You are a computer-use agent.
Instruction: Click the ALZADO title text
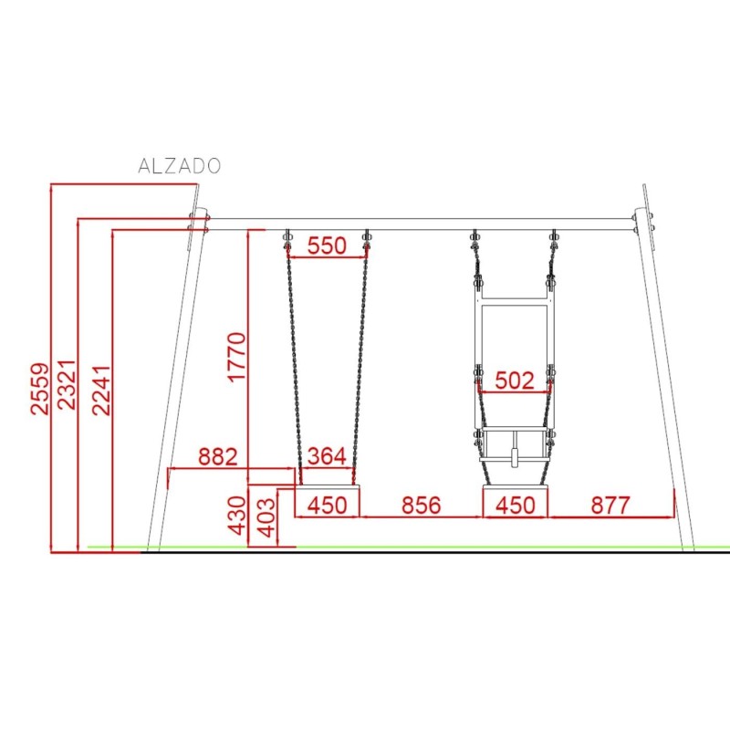[179, 166]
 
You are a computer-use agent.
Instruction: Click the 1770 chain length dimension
[235, 358]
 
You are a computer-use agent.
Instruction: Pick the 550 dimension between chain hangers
[327, 245]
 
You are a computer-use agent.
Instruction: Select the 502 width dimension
[514, 381]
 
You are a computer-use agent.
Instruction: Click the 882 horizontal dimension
[218, 457]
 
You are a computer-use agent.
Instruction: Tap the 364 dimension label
[327, 457]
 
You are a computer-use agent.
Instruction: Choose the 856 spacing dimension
[421, 506]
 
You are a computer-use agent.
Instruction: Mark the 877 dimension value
[610, 506]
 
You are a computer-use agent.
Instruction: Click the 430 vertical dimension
[236, 516]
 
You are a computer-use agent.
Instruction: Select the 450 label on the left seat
[327, 506]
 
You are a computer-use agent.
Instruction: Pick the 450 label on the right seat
[516, 506]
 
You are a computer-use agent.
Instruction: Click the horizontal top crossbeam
[420, 223]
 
